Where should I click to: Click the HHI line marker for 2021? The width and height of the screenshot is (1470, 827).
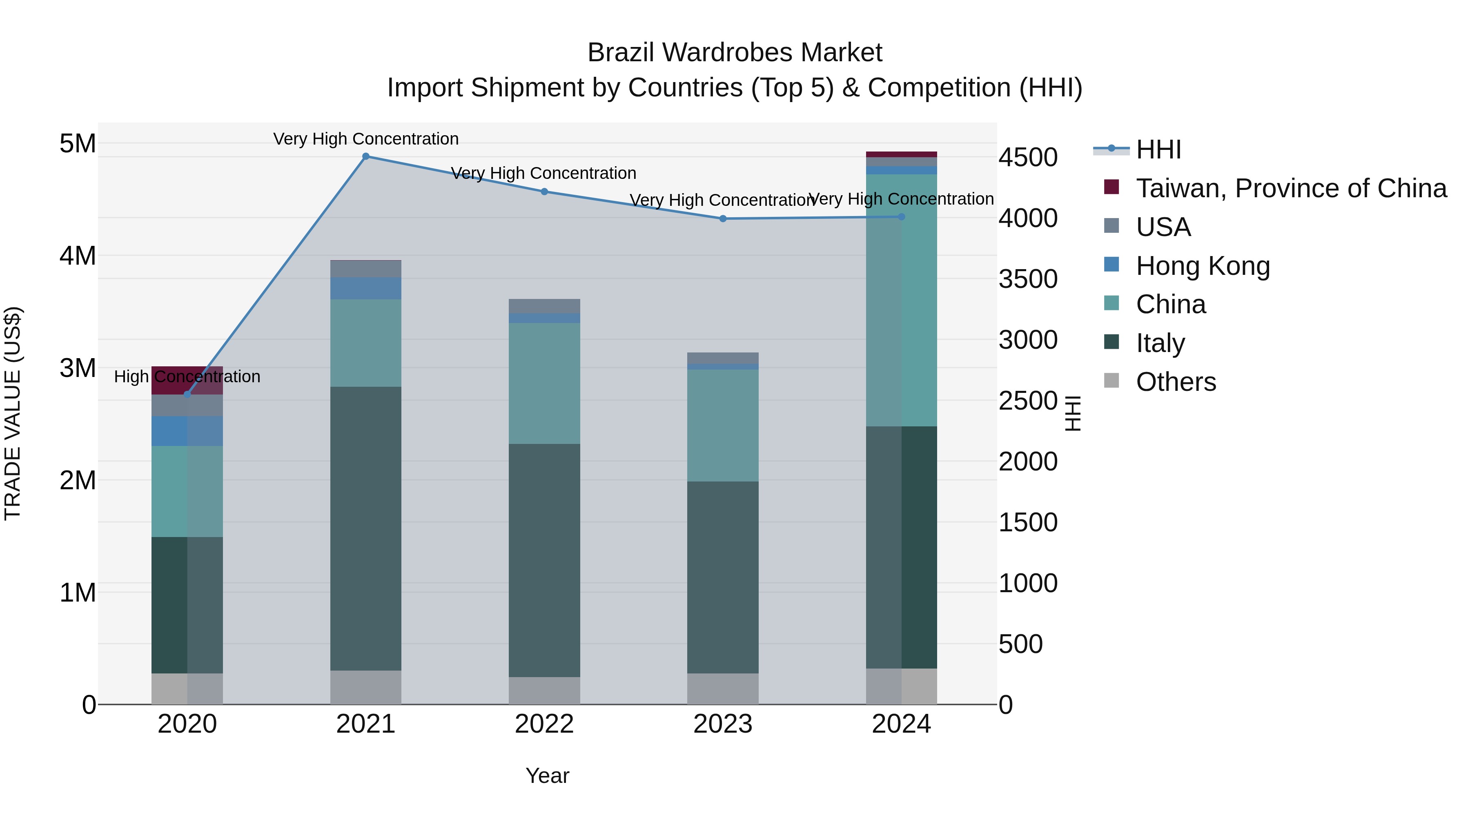366,156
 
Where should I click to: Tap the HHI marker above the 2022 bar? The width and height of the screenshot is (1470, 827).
544,192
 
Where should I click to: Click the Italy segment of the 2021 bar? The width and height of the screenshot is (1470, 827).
366,528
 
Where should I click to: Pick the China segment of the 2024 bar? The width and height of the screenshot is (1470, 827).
902,300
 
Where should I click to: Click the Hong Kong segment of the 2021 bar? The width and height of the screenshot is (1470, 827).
366,288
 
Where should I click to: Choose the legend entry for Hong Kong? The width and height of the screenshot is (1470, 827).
1203,266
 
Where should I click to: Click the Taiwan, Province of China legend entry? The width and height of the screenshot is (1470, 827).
1291,188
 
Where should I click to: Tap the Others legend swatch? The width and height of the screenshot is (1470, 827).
1111,381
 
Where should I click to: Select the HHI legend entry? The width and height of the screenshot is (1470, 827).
1158,149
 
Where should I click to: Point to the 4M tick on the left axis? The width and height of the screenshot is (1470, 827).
78,256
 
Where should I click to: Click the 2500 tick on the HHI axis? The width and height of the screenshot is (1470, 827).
1028,401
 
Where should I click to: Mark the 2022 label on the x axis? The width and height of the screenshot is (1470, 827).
544,724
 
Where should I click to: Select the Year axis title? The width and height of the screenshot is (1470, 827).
547,776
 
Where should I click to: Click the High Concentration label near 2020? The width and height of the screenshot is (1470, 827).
187,377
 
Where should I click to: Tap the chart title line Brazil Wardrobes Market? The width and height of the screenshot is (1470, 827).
735,53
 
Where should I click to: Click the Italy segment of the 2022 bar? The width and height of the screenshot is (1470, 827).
544,560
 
